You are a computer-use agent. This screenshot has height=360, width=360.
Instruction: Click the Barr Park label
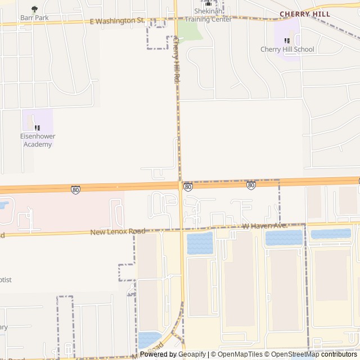(x=35, y=17)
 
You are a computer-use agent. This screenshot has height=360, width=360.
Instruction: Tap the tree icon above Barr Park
(x=35, y=9)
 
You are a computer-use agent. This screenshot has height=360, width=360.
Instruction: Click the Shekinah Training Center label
(x=209, y=15)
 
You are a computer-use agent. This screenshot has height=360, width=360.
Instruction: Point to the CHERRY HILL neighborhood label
(x=304, y=13)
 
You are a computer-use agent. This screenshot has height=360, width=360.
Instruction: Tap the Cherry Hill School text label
(x=287, y=49)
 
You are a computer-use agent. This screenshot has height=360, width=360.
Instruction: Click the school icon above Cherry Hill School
(x=287, y=40)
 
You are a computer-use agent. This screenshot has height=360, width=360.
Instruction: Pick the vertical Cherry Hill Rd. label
(x=175, y=60)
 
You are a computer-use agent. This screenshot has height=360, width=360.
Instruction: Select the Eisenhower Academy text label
(x=38, y=140)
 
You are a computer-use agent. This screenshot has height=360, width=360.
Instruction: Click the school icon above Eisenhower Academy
(x=38, y=128)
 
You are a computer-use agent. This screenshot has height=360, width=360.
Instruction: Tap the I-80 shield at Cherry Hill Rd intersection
(x=188, y=187)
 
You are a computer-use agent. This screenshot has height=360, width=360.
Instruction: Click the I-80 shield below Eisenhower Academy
(x=75, y=190)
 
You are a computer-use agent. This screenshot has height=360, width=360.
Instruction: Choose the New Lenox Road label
(x=118, y=231)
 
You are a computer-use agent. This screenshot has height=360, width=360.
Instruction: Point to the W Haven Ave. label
(x=265, y=226)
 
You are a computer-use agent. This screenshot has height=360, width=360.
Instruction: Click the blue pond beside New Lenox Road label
(x=200, y=243)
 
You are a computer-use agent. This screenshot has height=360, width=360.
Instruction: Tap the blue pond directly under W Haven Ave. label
(x=283, y=238)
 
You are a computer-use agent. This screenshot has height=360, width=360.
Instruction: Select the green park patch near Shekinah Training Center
(x=191, y=32)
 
